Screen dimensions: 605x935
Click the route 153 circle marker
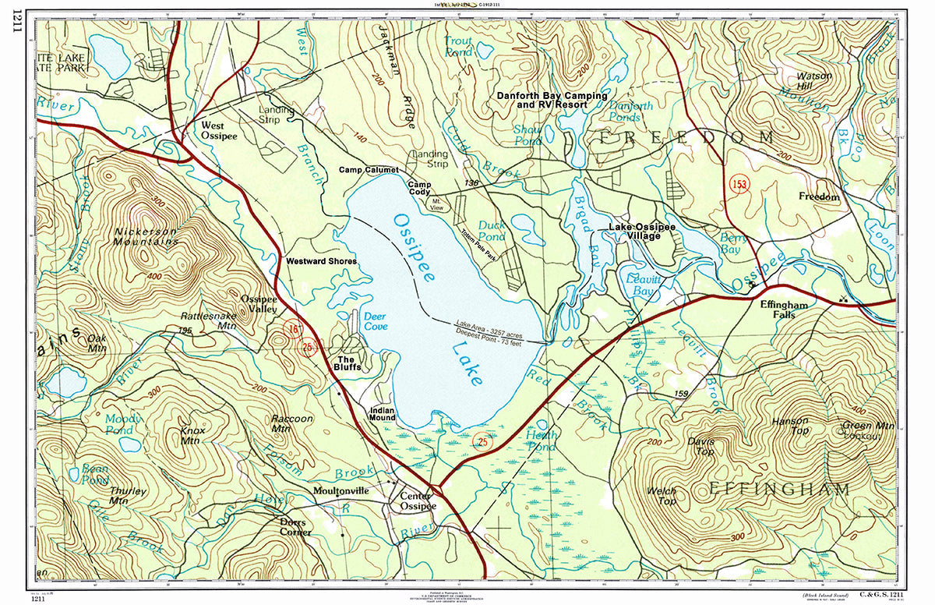click(738, 184)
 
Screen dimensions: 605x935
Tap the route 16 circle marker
click(292, 329)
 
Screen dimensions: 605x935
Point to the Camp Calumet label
click(369, 169)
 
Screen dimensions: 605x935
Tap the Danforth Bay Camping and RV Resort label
click(552, 99)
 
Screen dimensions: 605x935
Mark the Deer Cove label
click(376, 321)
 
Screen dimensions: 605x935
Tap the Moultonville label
click(340, 491)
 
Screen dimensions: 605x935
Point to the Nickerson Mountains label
click(146, 236)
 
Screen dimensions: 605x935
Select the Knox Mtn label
click(191, 435)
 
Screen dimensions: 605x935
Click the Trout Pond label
click(459, 46)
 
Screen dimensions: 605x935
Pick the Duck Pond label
click(492, 230)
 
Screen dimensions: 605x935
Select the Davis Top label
click(700, 446)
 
